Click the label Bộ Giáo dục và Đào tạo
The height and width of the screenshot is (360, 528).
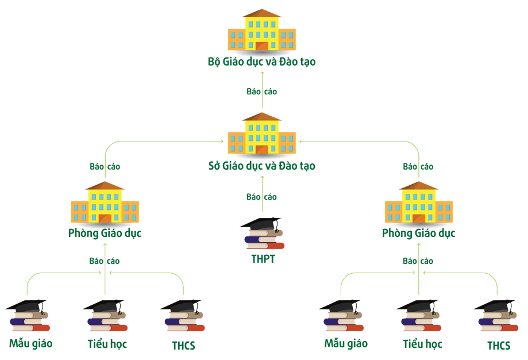coord(261,62)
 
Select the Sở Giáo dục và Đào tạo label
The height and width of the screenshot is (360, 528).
coord(261,166)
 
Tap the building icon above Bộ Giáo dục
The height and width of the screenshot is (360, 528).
coord(261,30)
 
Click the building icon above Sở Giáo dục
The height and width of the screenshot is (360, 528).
coord(261,134)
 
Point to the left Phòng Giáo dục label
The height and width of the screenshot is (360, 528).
coord(105,233)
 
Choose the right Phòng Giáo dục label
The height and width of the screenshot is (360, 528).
coord(419,233)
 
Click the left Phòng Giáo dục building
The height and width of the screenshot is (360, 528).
coord(105,202)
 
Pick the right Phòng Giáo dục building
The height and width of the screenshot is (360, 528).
coord(419,202)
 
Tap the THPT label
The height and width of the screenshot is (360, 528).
coord(263,259)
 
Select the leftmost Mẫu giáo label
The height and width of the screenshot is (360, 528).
coord(30,343)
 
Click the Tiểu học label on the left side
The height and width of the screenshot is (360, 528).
coord(107,344)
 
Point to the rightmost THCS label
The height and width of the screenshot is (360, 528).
coord(499,346)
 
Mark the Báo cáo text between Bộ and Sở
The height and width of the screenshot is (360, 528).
coord(261,91)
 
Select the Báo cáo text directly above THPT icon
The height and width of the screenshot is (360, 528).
coord(261,197)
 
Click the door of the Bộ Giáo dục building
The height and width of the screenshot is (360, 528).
coord(261,46)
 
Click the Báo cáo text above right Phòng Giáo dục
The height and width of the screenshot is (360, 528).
coord(418,167)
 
